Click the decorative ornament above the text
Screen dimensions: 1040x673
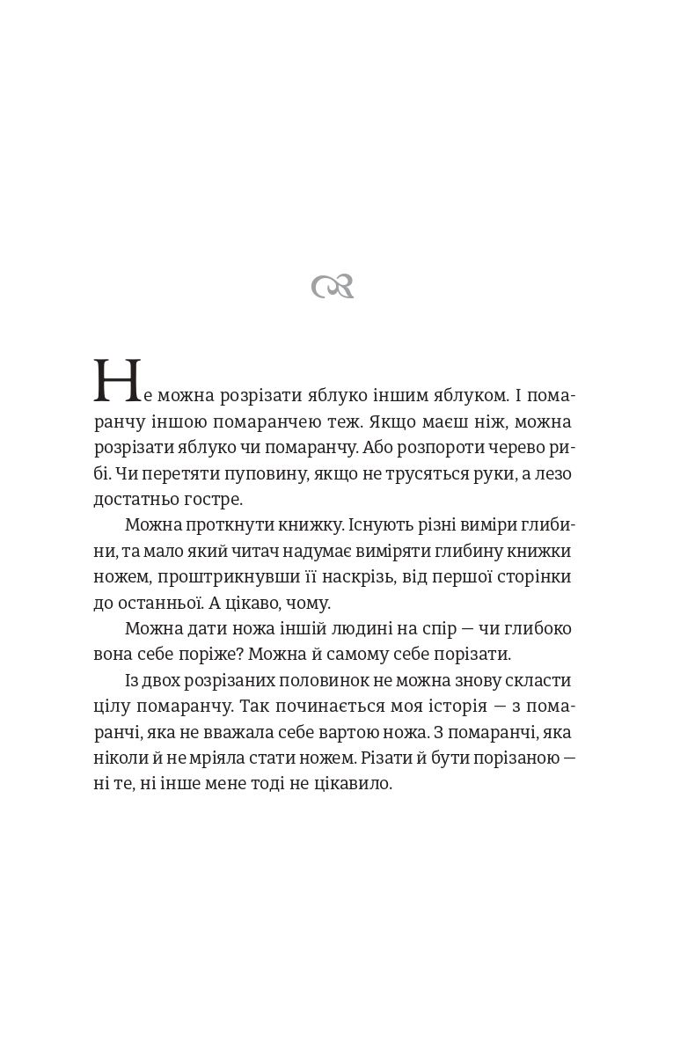point(333,287)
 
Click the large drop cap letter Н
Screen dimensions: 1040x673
point(117,382)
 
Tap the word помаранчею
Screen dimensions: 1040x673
point(267,422)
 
